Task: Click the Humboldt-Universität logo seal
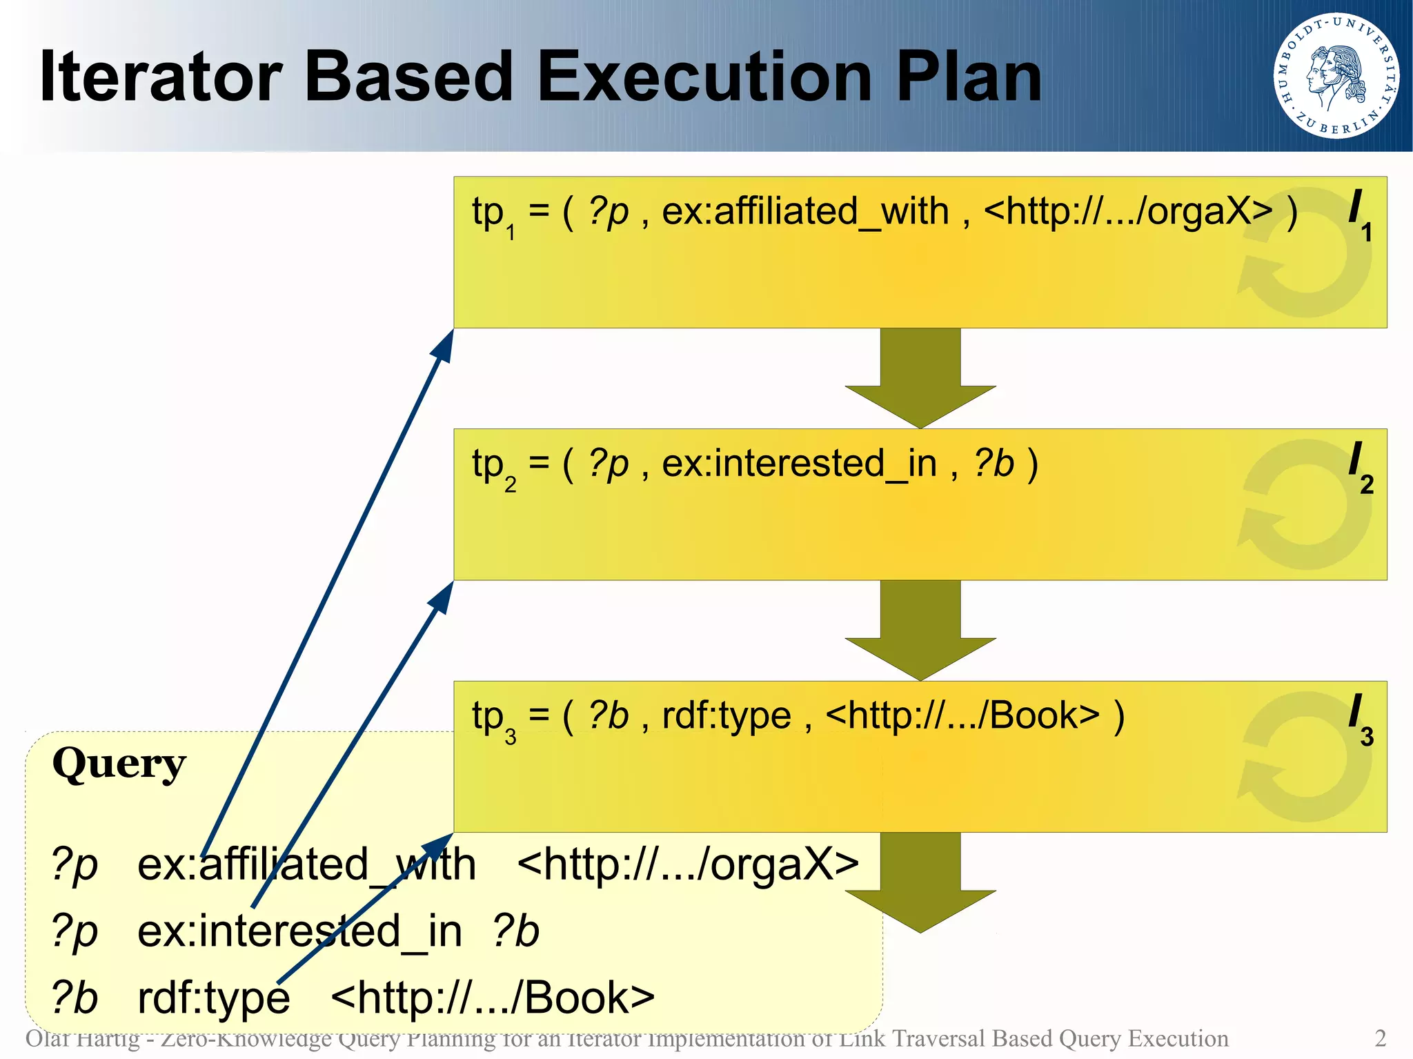point(1336,75)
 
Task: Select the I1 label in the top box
point(1360,215)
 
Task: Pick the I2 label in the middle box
point(1360,467)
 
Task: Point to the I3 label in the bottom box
point(1360,720)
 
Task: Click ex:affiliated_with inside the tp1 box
point(805,211)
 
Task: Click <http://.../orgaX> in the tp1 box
point(1127,211)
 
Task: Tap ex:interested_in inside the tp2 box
point(799,464)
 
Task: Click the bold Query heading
point(119,764)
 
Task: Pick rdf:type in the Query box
point(214,998)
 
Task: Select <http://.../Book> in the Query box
point(493,998)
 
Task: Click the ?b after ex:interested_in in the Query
point(515,931)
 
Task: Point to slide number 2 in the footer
point(1380,1038)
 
